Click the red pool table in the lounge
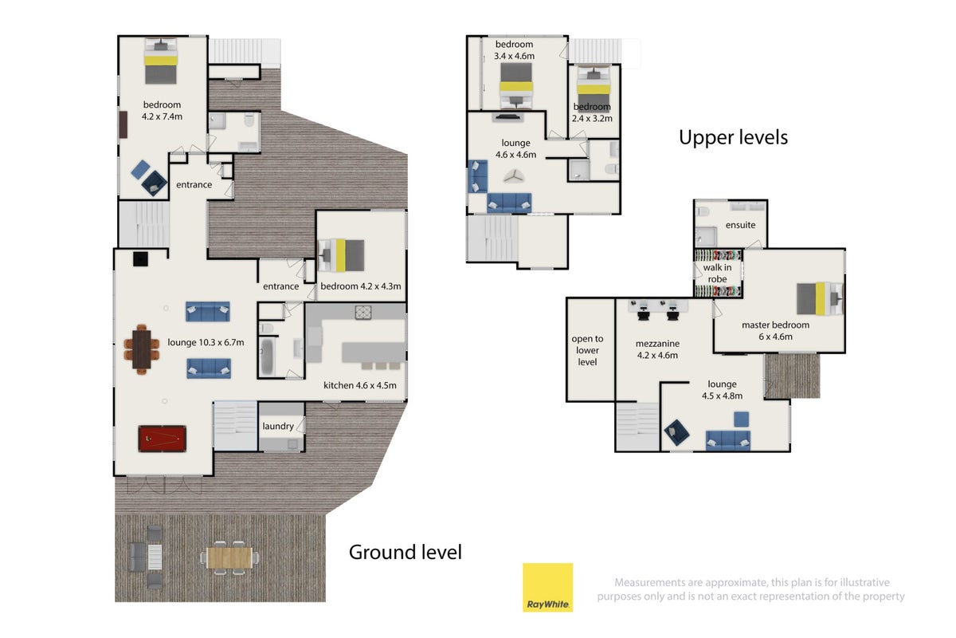(x=163, y=439)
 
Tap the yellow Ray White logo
(x=547, y=588)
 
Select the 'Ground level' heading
(x=405, y=552)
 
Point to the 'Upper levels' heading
(x=733, y=138)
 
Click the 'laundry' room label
(x=278, y=426)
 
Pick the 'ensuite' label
(x=740, y=225)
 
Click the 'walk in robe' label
(x=718, y=273)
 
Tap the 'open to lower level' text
(x=587, y=350)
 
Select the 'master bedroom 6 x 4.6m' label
(x=775, y=330)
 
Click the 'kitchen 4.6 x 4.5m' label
(x=360, y=385)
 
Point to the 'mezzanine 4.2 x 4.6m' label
(x=657, y=349)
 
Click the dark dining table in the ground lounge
(x=141, y=349)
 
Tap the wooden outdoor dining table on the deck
(x=229, y=558)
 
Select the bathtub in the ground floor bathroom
(x=267, y=356)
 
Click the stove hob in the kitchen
(x=363, y=313)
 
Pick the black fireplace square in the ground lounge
(x=140, y=259)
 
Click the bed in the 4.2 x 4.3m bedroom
(x=343, y=255)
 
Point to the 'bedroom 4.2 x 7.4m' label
(x=162, y=110)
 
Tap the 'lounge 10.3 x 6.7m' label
(x=206, y=342)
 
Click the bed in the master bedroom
(x=820, y=299)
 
